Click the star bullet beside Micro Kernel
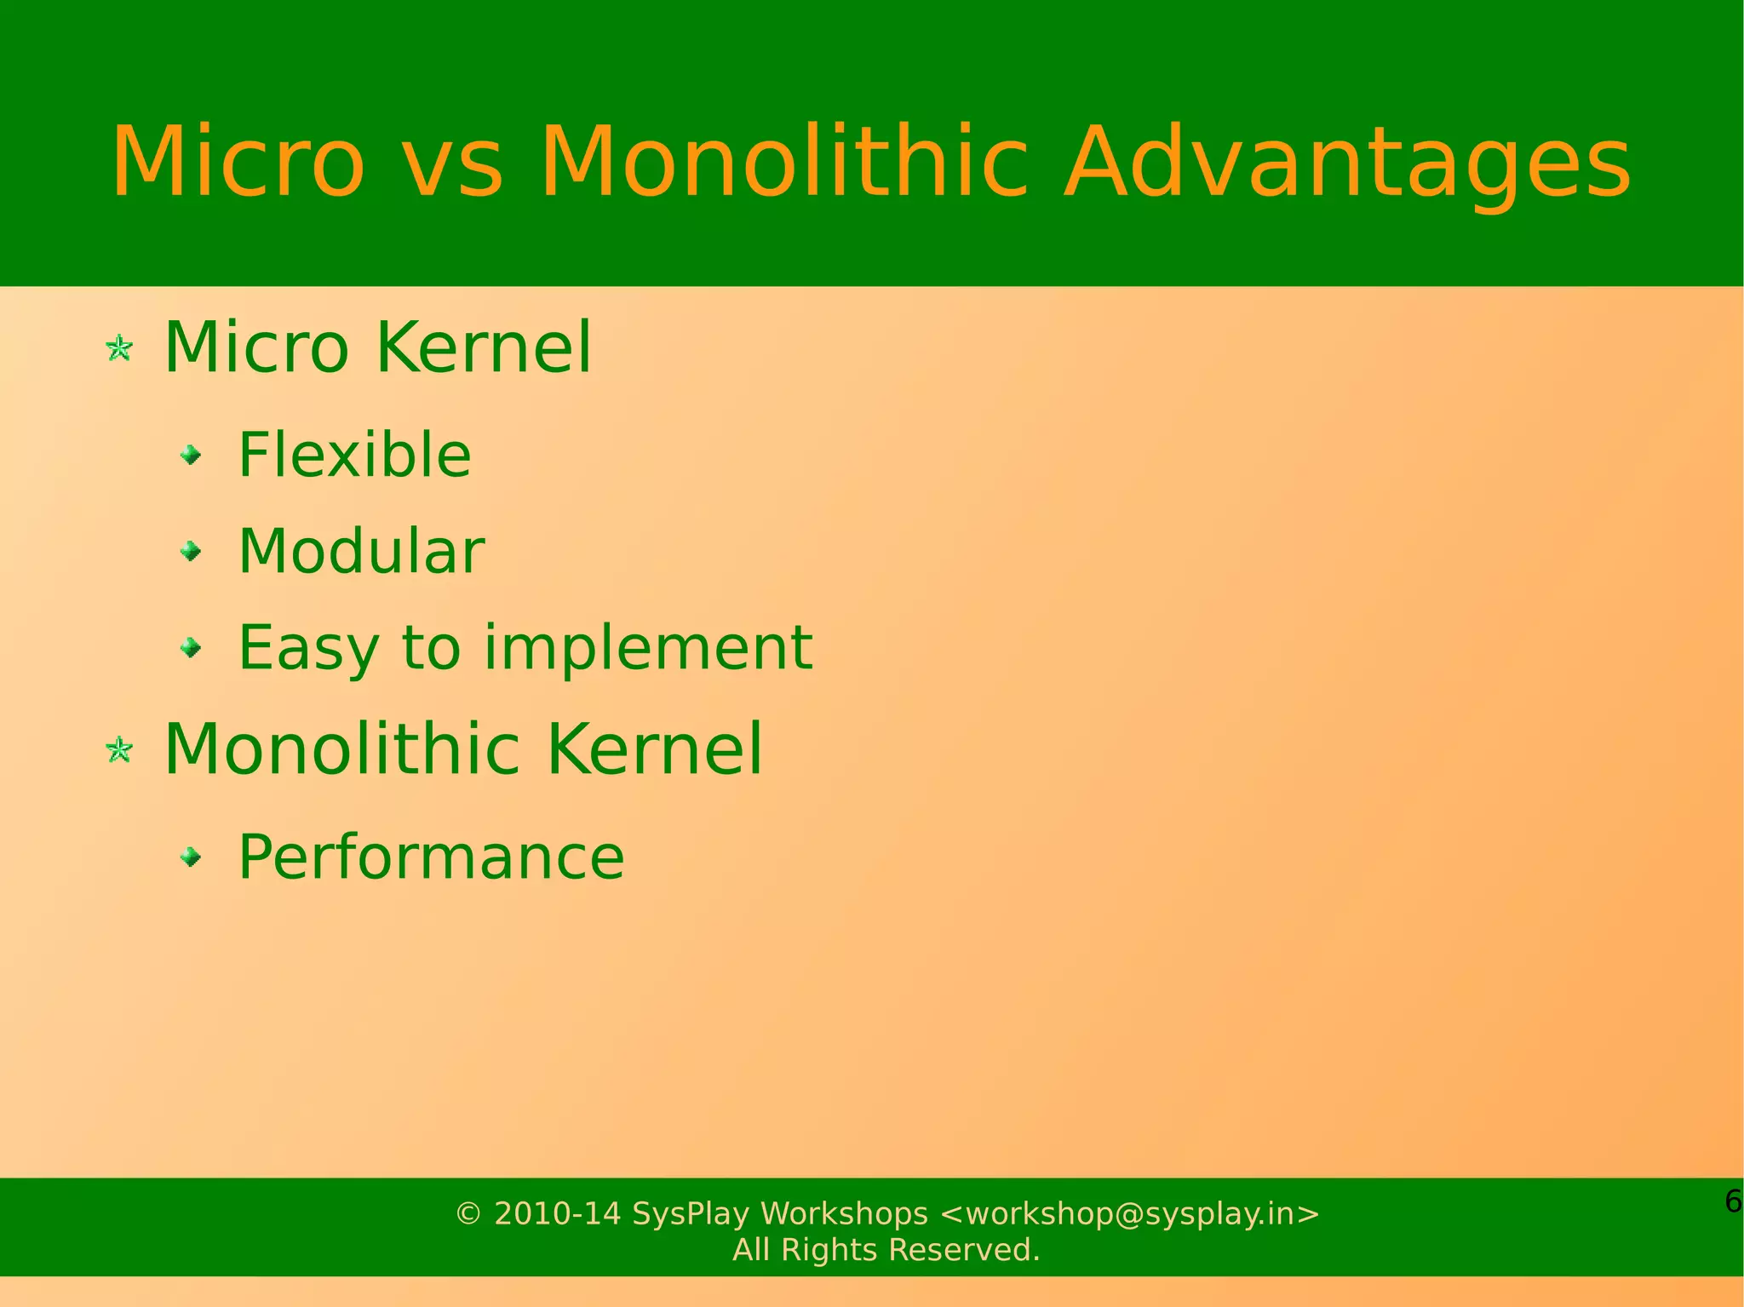pos(119,348)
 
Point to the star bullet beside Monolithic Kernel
pos(119,750)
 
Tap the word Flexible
pos(354,455)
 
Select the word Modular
pos(361,551)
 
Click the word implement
pos(648,648)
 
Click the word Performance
pos(431,857)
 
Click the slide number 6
pos(1732,1201)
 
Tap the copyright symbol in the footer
pos(468,1213)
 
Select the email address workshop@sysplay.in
pos(1129,1213)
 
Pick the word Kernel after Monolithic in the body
pos(653,749)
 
